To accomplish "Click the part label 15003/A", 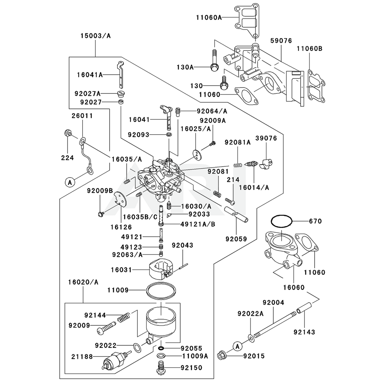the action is (x=95, y=36).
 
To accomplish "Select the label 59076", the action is (x=281, y=41).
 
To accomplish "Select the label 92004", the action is (x=273, y=302).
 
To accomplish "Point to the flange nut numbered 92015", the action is (x=221, y=356).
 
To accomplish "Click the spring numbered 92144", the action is (x=124, y=317).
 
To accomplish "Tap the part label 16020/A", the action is (x=83, y=282).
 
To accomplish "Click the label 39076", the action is (x=266, y=138).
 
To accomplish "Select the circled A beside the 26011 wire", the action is (x=70, y=183).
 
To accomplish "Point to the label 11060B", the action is (x=309, y=49).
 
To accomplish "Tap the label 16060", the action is (x=294, y=287).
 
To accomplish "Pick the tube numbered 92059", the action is (x=236, y=214).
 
